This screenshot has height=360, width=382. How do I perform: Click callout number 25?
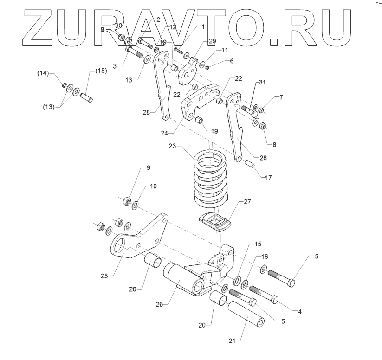(105, 276)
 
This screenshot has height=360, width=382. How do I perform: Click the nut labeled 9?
(125, 201)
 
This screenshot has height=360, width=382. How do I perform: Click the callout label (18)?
(101, 71)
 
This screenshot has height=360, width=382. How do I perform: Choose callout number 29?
(212, 41)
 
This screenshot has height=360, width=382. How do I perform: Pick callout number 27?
(247, 202)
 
